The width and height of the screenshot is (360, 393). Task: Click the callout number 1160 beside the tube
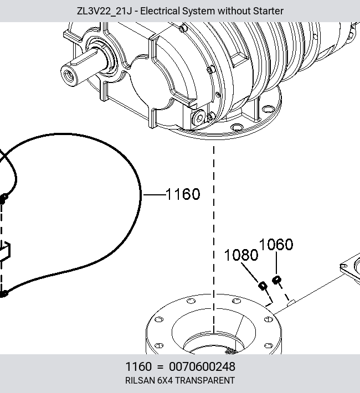click(x=183, y=194)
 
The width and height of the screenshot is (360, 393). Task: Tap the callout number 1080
click(x=241, y=255)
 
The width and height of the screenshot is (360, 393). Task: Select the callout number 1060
click(x=276, y=244)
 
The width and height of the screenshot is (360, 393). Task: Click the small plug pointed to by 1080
click(x=263, y=286)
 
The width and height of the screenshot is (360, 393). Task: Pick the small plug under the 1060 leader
click(x=276, y=280)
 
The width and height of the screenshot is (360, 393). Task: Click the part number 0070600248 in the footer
click(x=202, y=366)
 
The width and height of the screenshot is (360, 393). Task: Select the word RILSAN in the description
click(x=140, y=380)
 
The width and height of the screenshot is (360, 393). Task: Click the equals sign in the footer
click(x=160, y=367)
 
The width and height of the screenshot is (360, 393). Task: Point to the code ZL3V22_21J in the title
click(x=104, y=11)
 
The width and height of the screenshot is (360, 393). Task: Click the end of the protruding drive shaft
click(x=68, y=75)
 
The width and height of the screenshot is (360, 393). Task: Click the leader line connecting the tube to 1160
click(x=155, y=194)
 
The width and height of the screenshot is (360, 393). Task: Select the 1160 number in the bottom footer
click(x=138, y=366)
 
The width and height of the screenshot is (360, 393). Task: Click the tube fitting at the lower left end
click(x=3, y=293)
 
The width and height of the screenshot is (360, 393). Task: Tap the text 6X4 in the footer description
click(x=165, y=380)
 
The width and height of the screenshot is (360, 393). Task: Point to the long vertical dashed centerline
click(x=214, y=239)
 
